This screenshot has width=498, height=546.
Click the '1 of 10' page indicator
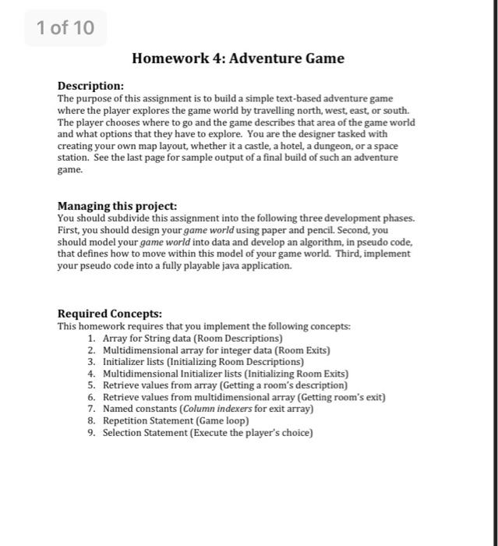coord(65,28)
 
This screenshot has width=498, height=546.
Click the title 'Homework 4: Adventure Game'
coord(238,58)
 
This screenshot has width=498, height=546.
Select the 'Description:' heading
coord(90,86)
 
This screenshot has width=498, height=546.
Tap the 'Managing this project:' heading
coord(117,206)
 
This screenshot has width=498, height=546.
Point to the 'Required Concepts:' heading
coord(110,314)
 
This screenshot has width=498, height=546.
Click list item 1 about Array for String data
coord(192,339)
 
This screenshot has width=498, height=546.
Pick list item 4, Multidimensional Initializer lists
coord(225,374)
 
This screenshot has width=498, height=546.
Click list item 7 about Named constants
coord(207,409)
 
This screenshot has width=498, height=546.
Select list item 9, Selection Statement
coord(207,432)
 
